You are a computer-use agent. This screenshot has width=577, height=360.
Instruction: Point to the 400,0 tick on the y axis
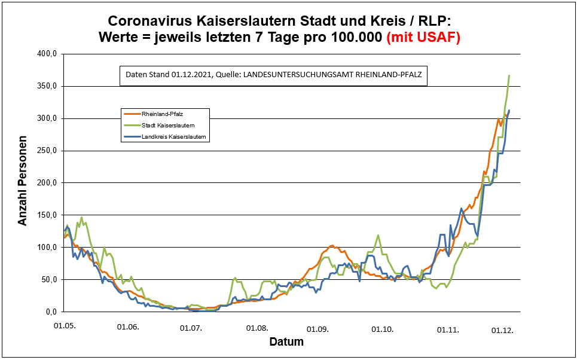click(x=47, y=54)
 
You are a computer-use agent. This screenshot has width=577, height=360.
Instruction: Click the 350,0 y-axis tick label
click(x=47, y=86)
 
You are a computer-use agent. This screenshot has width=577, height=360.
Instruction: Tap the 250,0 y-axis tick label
click(x=47, y=151)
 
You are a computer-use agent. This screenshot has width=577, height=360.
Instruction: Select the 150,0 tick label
click(x=47, y=215)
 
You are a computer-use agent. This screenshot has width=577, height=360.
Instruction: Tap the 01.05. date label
click(x=64, y=327)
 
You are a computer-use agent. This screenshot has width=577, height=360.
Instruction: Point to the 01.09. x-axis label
click(x=318, y=329)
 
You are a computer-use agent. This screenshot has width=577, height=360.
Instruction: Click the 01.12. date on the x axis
click(x=502, y=330)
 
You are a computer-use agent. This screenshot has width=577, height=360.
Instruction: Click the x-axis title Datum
click(x=286, y=343)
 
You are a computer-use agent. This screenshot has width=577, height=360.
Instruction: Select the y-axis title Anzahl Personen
click(x=23, y=183)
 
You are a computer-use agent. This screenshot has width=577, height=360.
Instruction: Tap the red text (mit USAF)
click(x=424, y=37)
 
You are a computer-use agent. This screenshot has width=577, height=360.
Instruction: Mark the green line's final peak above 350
click(x=509, y=75)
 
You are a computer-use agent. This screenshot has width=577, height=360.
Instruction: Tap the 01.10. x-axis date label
click(x=382, y=329)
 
